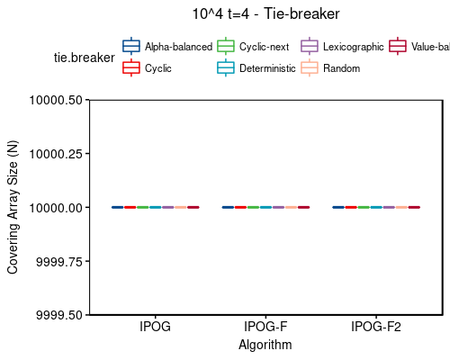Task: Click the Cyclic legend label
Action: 157,68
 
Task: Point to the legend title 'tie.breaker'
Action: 80,58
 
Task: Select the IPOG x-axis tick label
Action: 155,328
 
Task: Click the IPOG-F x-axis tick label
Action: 265,328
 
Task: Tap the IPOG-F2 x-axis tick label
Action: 375,328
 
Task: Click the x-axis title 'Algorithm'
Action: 265,345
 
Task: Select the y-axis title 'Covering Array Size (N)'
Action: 13,207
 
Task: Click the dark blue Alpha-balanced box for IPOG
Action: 117,207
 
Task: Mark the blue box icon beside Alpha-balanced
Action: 131,46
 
